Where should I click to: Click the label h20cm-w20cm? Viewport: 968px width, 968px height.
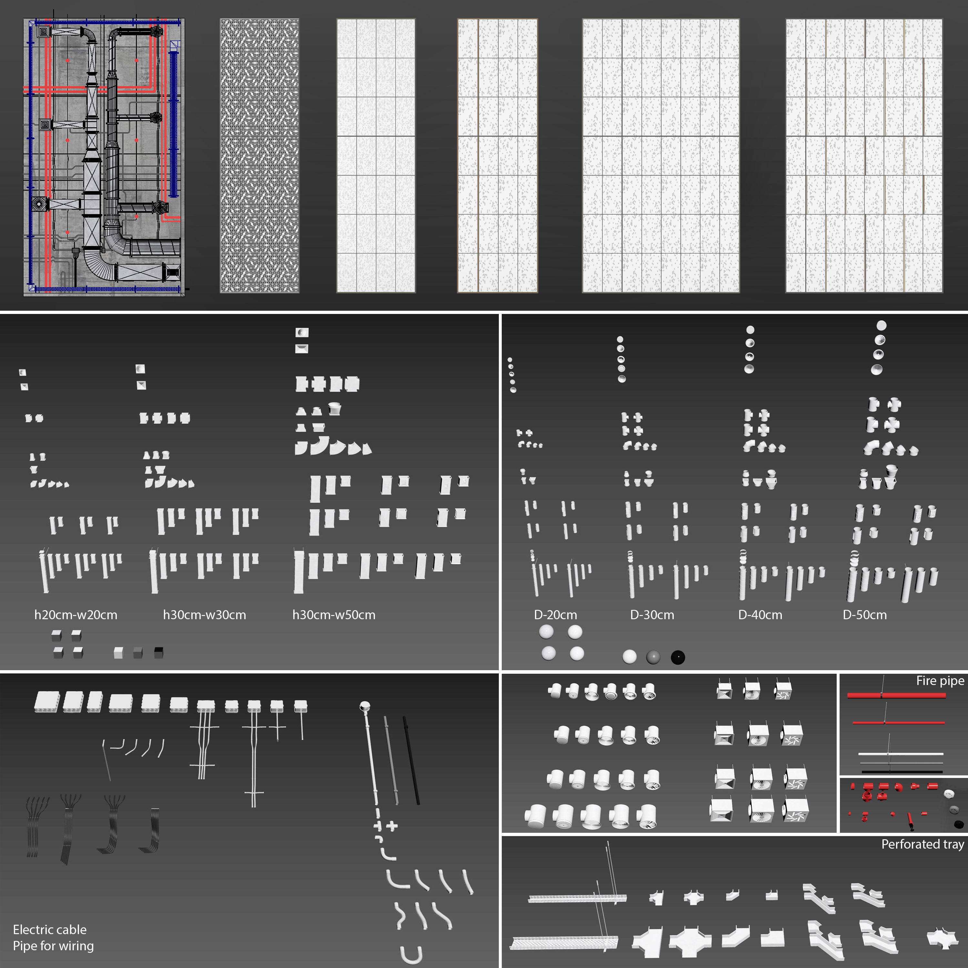coord(76,615)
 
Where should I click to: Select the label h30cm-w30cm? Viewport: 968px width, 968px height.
coord(205,615)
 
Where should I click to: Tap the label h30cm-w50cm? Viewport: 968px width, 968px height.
coord(334,615)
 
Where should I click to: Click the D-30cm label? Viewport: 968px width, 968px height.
coord(652,615)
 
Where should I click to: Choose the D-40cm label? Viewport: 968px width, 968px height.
coord(760,615)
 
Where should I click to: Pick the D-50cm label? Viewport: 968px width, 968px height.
coord(864,615)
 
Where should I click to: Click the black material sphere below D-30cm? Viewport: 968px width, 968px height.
coord(677,657)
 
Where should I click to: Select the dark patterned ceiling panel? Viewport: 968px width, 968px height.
coord(259,155)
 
